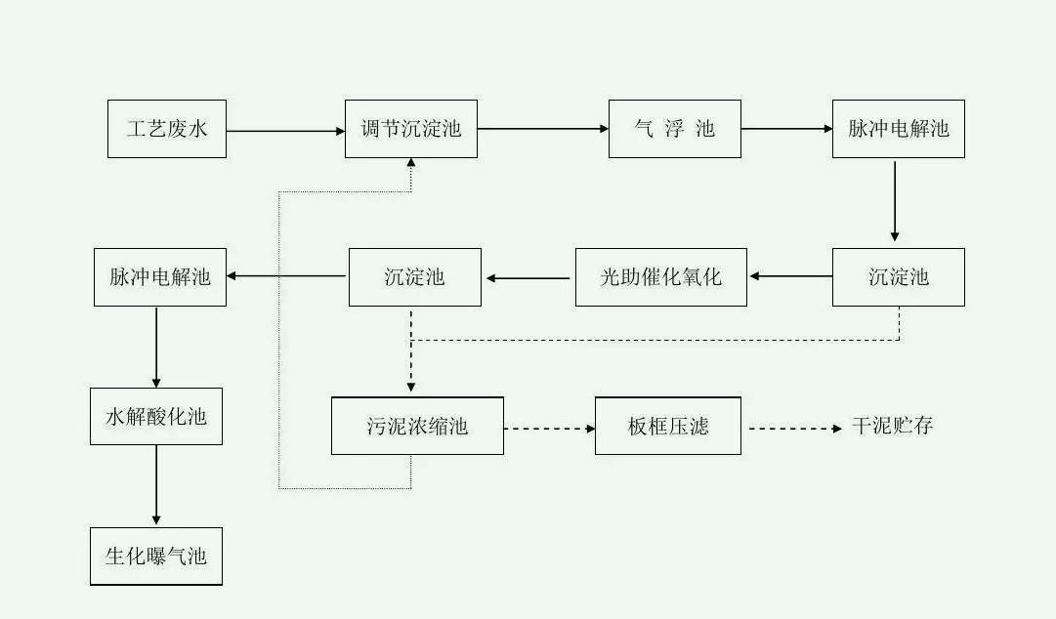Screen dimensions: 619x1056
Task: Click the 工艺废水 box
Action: [166, 129]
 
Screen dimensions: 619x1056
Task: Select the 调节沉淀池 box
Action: [410, 129]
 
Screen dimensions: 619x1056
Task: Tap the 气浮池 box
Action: [674, 129]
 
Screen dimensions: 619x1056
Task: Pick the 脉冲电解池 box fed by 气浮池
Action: [898, 129]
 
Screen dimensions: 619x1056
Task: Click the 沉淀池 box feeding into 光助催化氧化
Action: [898, 277]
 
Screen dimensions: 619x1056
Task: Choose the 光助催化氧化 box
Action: [660, 277]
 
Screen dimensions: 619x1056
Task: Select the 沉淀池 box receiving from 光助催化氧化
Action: [414, 277]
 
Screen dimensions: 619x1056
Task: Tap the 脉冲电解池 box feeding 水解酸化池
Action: [159, 277]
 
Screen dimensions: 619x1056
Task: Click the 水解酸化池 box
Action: [156, 417]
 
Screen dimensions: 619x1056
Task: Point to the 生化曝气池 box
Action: [156, 557]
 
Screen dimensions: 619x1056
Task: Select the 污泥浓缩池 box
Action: [417, 426]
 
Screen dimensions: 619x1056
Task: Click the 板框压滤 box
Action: [667, 426]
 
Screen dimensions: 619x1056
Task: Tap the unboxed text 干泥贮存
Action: [892, 427]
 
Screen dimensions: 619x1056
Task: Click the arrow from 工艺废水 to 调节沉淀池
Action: [284, 130]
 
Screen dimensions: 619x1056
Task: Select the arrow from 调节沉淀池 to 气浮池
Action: [542, 129]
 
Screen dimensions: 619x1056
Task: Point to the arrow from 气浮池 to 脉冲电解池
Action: [785, 129]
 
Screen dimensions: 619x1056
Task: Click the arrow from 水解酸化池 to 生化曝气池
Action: [156, 485]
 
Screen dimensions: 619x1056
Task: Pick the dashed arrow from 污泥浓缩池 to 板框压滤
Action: [549, 428]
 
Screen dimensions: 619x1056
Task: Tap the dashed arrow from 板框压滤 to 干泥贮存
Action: [794, 428]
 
